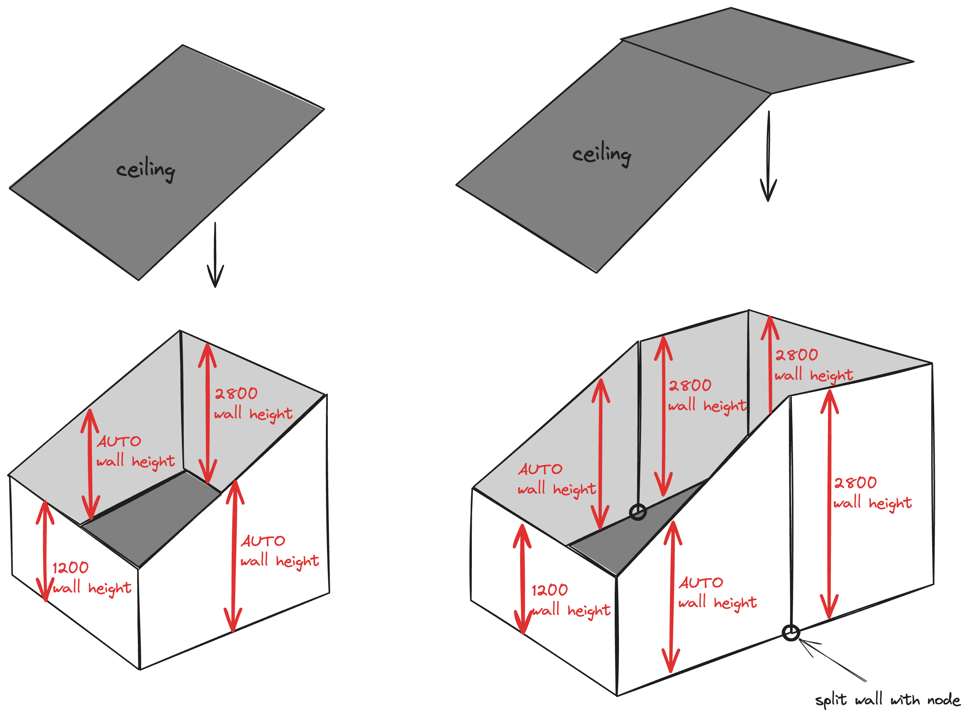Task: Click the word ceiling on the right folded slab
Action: click(601, 154)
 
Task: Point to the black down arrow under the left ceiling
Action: click(215, 256)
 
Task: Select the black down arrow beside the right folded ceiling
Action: click(768, 156)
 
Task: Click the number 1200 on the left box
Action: click(70, 568)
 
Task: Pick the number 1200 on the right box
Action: click(549, 590)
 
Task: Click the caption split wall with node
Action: click(887, 700)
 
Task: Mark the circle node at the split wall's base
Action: click(791, 633)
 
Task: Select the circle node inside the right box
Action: click(637, 512)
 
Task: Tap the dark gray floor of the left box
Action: click(152, 517)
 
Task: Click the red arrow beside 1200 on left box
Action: click(45, 551)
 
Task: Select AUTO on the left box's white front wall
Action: click(263, 541)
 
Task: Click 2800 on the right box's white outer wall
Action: click(855, 483)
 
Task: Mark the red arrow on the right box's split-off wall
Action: click(829, 503)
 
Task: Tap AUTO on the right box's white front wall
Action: click(701, 583)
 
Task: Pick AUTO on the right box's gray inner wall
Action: click(540, 469)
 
